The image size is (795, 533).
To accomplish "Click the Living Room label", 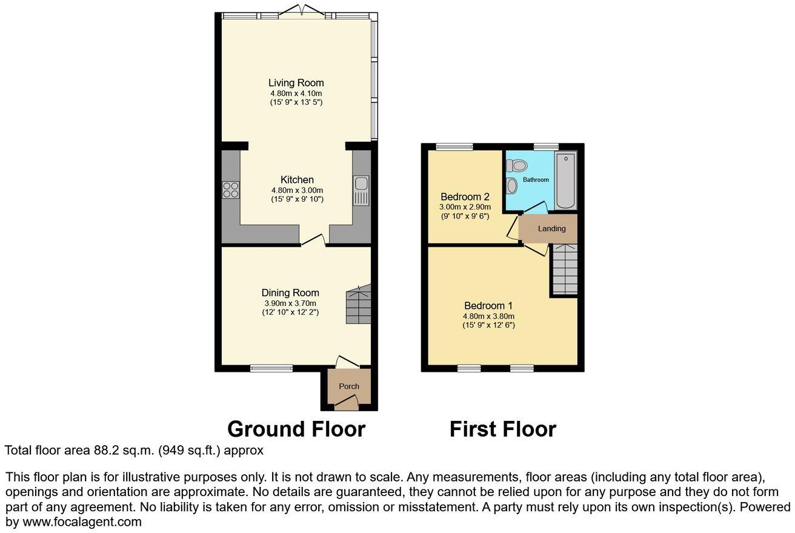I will point(296,83).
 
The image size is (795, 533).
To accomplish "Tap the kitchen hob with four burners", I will point(231,190).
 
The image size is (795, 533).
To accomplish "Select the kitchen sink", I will point(361,190).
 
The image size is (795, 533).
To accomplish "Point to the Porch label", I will point(349,386).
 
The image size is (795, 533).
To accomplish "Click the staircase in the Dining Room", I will point(358,306).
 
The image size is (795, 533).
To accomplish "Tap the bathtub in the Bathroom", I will point(565,181).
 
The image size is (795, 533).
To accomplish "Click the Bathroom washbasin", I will point(512,185).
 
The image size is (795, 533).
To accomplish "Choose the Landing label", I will point(551,229).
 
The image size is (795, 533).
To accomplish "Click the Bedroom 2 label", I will point(465,197).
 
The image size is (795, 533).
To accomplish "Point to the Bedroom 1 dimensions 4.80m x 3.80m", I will point(488,316).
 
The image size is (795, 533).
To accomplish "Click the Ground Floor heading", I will point(296,429).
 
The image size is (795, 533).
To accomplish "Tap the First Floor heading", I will point(502,429).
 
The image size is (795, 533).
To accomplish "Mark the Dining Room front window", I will point(271,368).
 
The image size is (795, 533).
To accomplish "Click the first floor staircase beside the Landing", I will point(564,270).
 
